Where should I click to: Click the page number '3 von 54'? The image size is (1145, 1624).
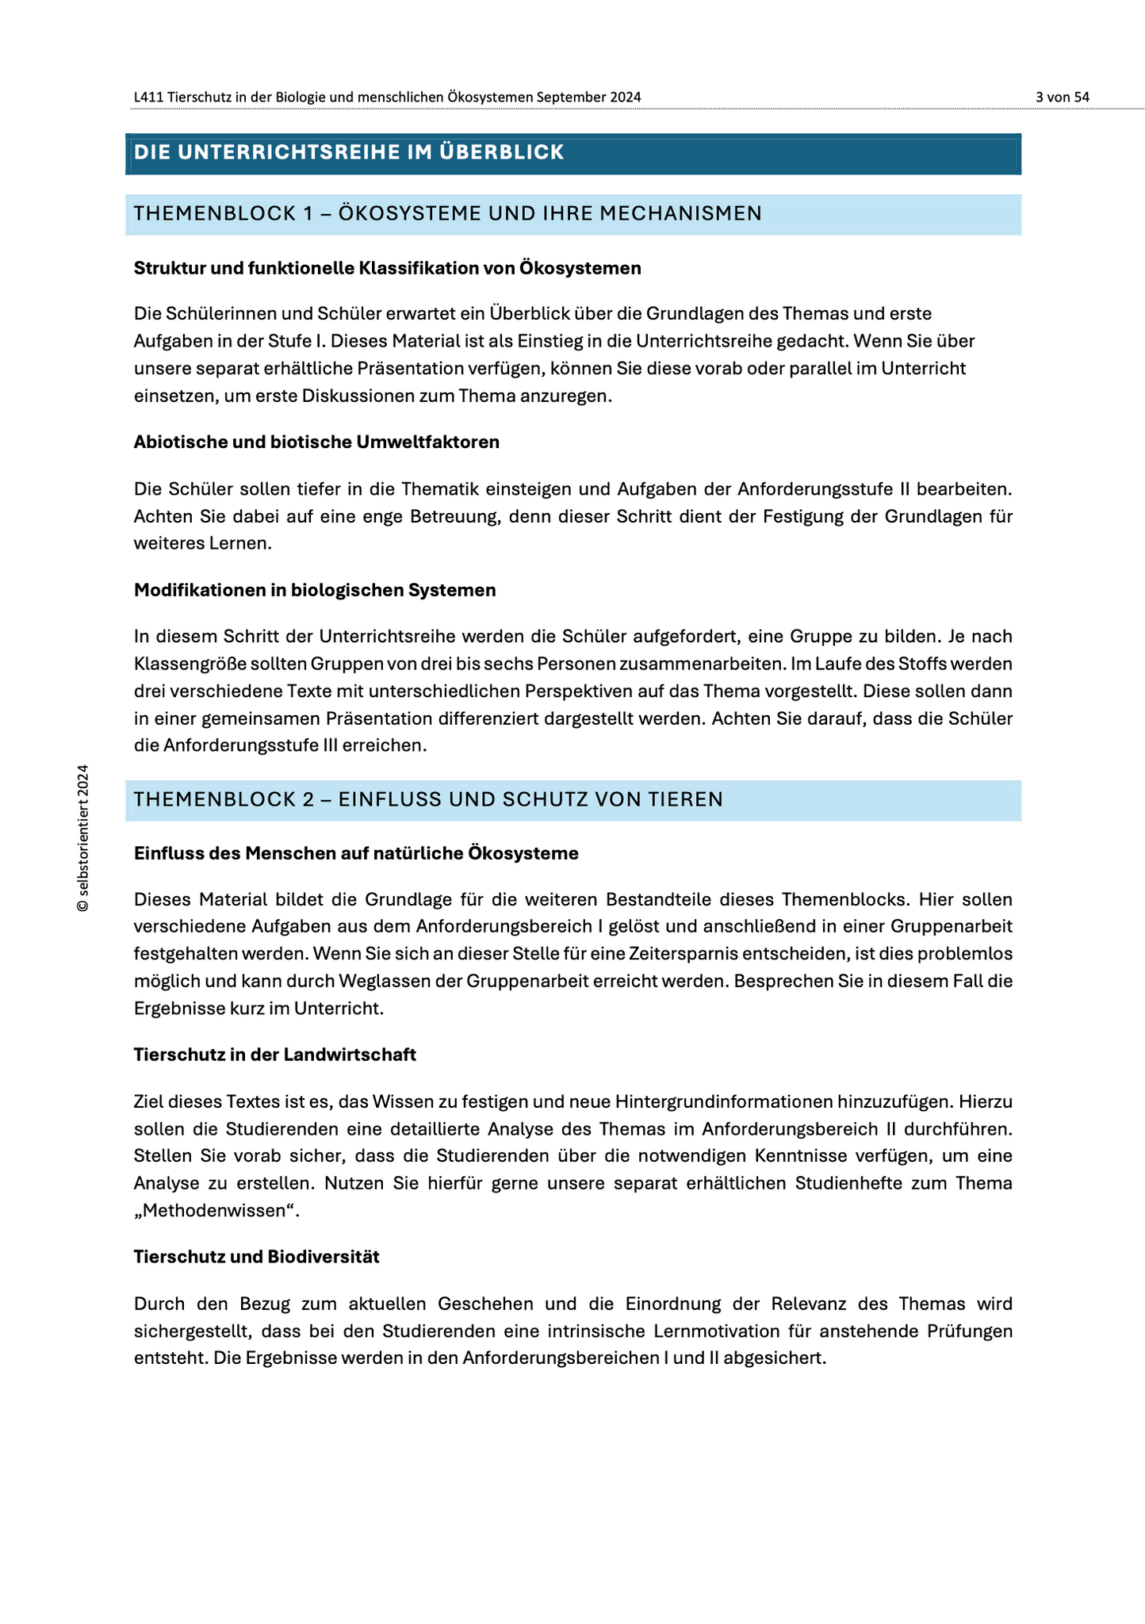[x=1062, y=98]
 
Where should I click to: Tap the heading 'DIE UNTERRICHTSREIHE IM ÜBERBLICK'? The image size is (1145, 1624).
[x=349, y=152]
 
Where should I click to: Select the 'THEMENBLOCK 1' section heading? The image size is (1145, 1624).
[x=447, y=213]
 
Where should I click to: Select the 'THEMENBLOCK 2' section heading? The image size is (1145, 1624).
[x=428, y=799]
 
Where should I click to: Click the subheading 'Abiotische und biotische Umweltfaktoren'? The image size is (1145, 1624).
[x=316, y=442]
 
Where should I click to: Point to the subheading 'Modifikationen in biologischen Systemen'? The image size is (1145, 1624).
[x=315, y=590]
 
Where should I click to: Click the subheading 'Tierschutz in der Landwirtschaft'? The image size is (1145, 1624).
[x=275, y=1055]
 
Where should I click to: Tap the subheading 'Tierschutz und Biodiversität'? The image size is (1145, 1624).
[x=257, y=1257]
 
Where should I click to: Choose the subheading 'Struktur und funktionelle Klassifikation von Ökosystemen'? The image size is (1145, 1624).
[x=387, y=269]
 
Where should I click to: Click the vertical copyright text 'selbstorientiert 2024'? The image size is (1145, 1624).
[x=82, y=838]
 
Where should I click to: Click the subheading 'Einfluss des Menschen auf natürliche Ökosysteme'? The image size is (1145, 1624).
[x=356, y=854]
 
